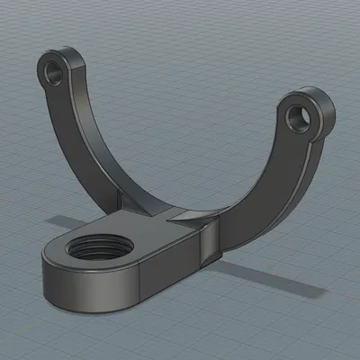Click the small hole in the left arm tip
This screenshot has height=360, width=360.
(x=60, y=68)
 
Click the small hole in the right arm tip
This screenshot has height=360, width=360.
(x=297, y=114)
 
